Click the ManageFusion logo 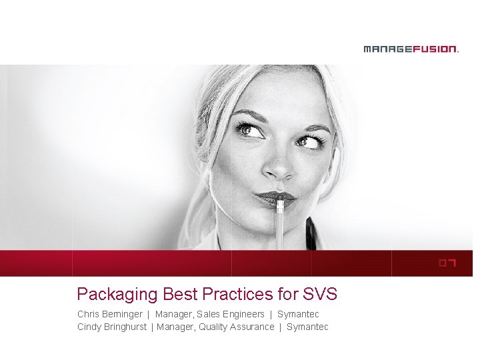click(411, 49)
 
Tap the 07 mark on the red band click(447, 263)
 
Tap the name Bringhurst click(124, 327)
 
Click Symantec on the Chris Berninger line click(298, 314)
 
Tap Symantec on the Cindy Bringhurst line click(307, 327)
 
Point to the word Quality click(213, 327)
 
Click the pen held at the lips click(281, 220)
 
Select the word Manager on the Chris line click(173, 314)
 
